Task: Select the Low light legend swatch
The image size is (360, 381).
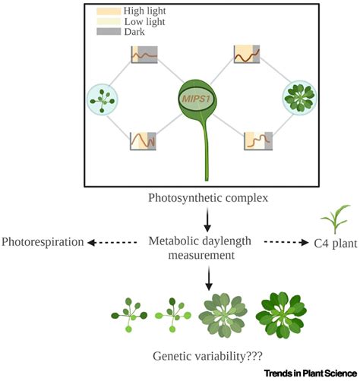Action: tap(108, 23)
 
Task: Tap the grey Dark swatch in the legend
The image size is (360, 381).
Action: tap(108, 33)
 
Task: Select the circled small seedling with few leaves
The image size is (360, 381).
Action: tap(101, 99)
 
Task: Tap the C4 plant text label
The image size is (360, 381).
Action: tap(327, 243)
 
